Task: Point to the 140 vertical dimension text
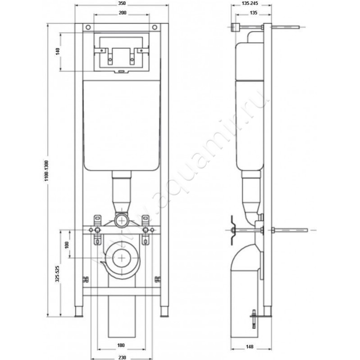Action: tap(58, 51)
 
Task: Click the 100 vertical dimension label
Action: tap(67, 245)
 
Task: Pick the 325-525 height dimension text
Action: tap(57, 273)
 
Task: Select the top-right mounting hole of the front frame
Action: tap(155, 27)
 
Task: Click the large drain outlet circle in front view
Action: tap(122, 257)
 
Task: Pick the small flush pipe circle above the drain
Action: tap(120, 220)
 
